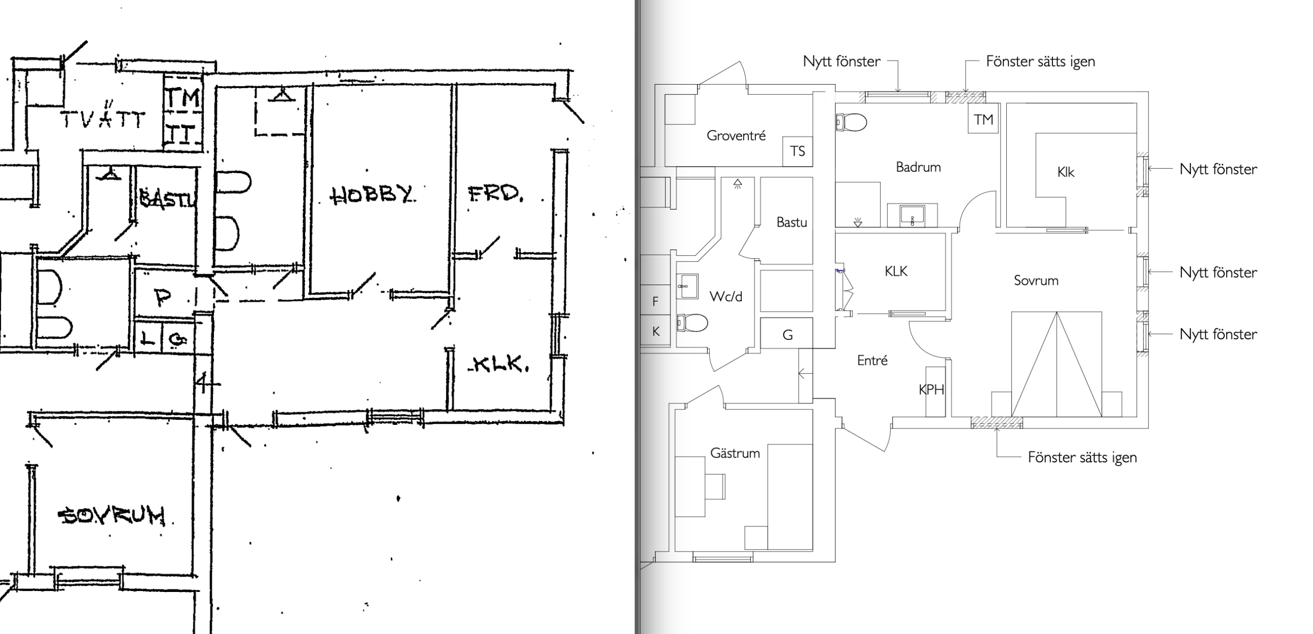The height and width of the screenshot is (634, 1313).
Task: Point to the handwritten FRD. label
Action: (x=495, y=194)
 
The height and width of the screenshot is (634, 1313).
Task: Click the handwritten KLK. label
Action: (x=499, y=364)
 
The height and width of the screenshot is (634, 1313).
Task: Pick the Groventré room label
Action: (x=736, y=136)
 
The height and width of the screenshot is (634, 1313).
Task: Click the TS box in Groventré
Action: (x=798, y=151)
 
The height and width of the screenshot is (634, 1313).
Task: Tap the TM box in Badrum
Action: (x=983, y=120)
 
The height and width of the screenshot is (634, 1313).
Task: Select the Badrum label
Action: (x=918, y=167)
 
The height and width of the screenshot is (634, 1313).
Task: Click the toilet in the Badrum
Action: (x=851, y=122)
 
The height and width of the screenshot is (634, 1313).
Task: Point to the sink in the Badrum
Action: (x=912, y=215)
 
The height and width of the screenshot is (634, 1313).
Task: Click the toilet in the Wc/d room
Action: (x=692, y=323)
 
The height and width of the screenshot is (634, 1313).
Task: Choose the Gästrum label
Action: (x=735, y=453)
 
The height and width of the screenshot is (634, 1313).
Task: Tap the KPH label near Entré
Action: (x=931, y=390)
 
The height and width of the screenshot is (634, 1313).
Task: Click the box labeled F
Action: (x=655, y=301)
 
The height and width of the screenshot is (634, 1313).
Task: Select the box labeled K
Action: (x=655, y=332)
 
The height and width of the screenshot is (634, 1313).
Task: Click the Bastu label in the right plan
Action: (x=791, y=222)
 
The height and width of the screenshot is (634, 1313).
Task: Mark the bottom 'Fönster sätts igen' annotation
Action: (x=1082, y=457)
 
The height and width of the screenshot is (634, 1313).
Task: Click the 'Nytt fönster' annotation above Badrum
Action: (x=842, y=62)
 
